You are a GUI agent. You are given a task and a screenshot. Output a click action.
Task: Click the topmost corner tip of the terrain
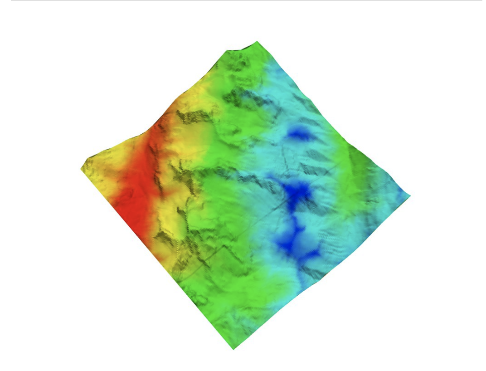coord(257,42)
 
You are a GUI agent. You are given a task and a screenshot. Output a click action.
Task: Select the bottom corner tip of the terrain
coord(233,348)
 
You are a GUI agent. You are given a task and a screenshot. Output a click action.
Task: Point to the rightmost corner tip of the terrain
coord(409,195)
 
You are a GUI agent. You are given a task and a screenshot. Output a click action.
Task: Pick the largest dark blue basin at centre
coord(297,193)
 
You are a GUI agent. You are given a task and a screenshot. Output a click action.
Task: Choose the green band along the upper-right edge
coord(358,159)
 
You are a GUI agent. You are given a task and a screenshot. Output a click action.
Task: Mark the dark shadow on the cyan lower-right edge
coord(313,272)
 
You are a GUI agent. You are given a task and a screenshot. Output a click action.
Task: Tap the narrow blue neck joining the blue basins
coord(295,222)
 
